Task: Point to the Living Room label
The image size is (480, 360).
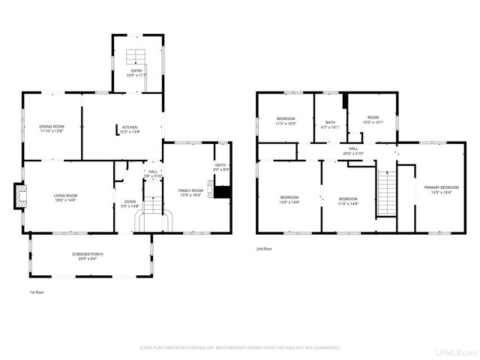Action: [x=65, y=197]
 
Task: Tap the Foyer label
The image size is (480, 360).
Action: [x=130, y=203]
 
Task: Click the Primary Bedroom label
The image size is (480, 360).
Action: [x=441, y=189]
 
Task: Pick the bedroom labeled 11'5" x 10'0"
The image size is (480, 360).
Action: [x=286, y=121]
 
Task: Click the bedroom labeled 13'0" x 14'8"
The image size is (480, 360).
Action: [x=289, y=199]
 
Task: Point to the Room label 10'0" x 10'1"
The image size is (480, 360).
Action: [x=373, y=120]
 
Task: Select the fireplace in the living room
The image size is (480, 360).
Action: [x=22, y=197]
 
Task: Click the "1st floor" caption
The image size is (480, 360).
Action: [x=37, y=292]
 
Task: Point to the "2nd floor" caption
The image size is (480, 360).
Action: [x=265, y=248]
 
